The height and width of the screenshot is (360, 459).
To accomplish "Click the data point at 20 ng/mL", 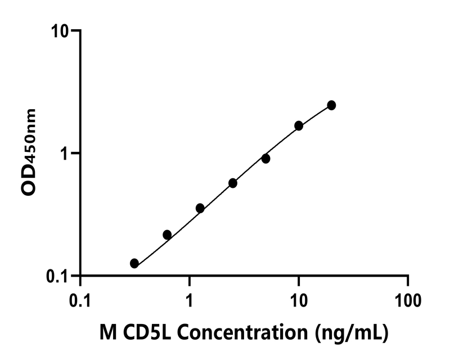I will [x=331, y=105].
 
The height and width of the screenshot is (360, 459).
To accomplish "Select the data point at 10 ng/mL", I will [x=299, y=125].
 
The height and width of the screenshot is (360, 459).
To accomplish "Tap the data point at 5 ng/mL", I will [x=265, y=159].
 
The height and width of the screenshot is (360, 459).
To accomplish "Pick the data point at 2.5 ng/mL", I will [x=233, y=183].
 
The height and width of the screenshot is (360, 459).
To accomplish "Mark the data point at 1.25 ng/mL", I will [x=200, y=208].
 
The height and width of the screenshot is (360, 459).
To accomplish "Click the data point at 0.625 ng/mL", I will [x=167, y=235].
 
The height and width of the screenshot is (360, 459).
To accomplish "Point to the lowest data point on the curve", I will [x=134, y=263].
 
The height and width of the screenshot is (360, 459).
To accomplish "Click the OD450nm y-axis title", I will [x=29, y=152].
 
